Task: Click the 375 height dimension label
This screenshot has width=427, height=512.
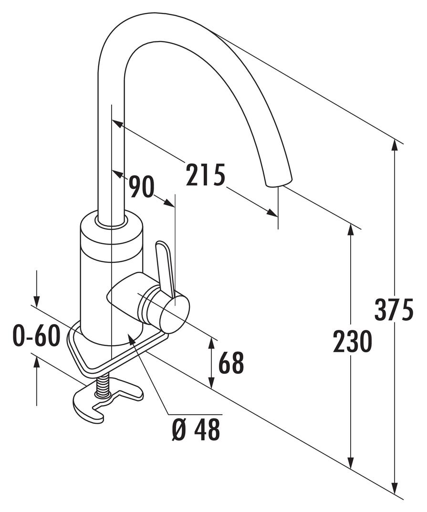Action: click(394, 310)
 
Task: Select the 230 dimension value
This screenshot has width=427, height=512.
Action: click(352, 342)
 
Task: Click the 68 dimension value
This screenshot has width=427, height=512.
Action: click(231, 364)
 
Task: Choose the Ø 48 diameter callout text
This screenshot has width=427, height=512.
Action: click(196, 430)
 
